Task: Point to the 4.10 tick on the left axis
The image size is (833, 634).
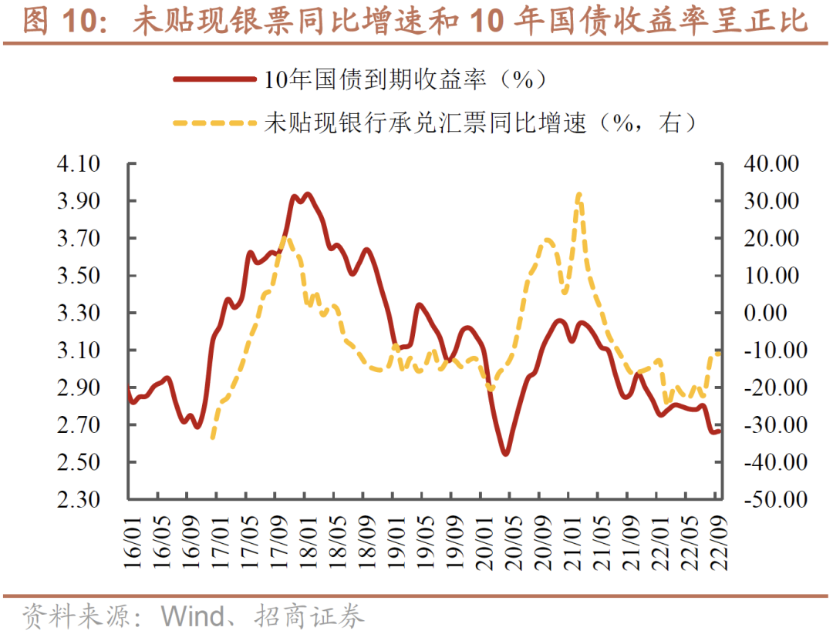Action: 79,164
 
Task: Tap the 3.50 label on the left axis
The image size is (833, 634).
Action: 79,276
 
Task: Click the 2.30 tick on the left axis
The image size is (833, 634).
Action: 79,499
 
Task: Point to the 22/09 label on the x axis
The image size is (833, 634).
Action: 717,542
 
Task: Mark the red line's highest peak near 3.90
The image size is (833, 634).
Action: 308,194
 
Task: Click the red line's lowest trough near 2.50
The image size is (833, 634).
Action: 506,454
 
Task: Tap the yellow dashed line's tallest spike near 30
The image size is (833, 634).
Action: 579,195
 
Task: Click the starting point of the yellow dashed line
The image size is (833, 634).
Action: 212,438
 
